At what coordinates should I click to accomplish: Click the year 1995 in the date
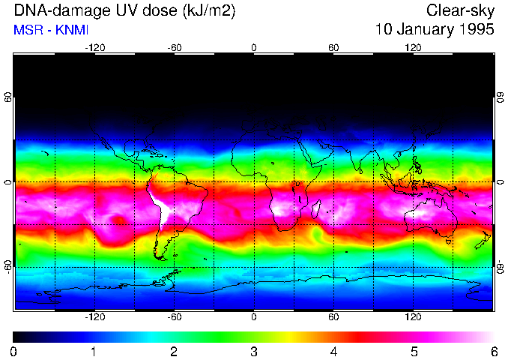pos(474,30)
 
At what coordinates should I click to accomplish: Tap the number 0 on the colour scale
pos(14,351)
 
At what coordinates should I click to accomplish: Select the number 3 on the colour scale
pos(254,351)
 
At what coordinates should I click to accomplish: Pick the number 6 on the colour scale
pos(494,351)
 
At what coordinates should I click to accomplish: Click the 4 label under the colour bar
pos(334,351)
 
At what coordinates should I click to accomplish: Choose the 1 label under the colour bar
pos(94,351)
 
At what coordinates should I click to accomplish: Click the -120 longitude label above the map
pos(94,48)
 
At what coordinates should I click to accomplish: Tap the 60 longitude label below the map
pos(333,317)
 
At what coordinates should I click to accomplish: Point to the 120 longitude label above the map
pos(413,48)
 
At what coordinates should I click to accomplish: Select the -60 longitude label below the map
pos(174,317)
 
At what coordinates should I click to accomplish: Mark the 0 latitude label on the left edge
pos(7,182)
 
